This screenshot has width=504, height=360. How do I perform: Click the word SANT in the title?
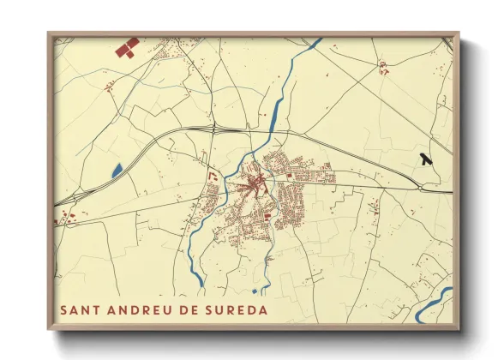[78, 309]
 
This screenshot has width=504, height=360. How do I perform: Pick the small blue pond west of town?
[117, 171]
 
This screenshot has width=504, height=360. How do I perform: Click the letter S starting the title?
[64, 309]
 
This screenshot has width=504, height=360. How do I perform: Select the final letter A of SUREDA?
[262, 309]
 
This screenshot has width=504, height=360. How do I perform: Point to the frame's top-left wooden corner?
[50, 35]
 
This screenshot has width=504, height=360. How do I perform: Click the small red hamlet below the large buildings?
[109, 86]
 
